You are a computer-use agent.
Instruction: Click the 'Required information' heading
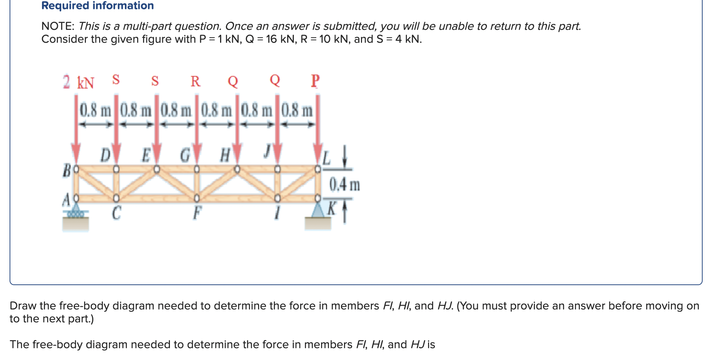[x=97, y=6]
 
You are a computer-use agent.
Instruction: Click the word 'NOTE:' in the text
[x=58, y=26]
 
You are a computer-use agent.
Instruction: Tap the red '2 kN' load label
[x=78, y=82]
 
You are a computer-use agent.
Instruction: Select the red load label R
[x=195, y=81]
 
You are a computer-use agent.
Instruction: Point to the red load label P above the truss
[x=315, y=81]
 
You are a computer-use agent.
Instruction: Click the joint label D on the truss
[x=105, y=155]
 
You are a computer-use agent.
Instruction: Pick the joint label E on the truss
[x=146, y=155]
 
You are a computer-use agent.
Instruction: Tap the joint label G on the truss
[x=185, y=155]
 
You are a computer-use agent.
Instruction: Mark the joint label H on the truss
[x=225, y=155]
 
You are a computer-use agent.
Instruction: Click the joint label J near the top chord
[x=267, y=151]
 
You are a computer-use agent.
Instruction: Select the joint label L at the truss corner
[x=327, y=159]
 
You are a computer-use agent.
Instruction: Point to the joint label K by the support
[x=332, y=208]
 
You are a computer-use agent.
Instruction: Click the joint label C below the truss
[x=116, y=213]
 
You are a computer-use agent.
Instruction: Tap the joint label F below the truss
[x=197, y=213]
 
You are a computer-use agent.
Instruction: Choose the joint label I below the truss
[x=277, y=213]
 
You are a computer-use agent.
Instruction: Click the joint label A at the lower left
[x=66, y=200]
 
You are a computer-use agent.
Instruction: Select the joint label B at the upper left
[x=67, y=171]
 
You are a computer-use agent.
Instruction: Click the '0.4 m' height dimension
[x=344, y=184]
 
